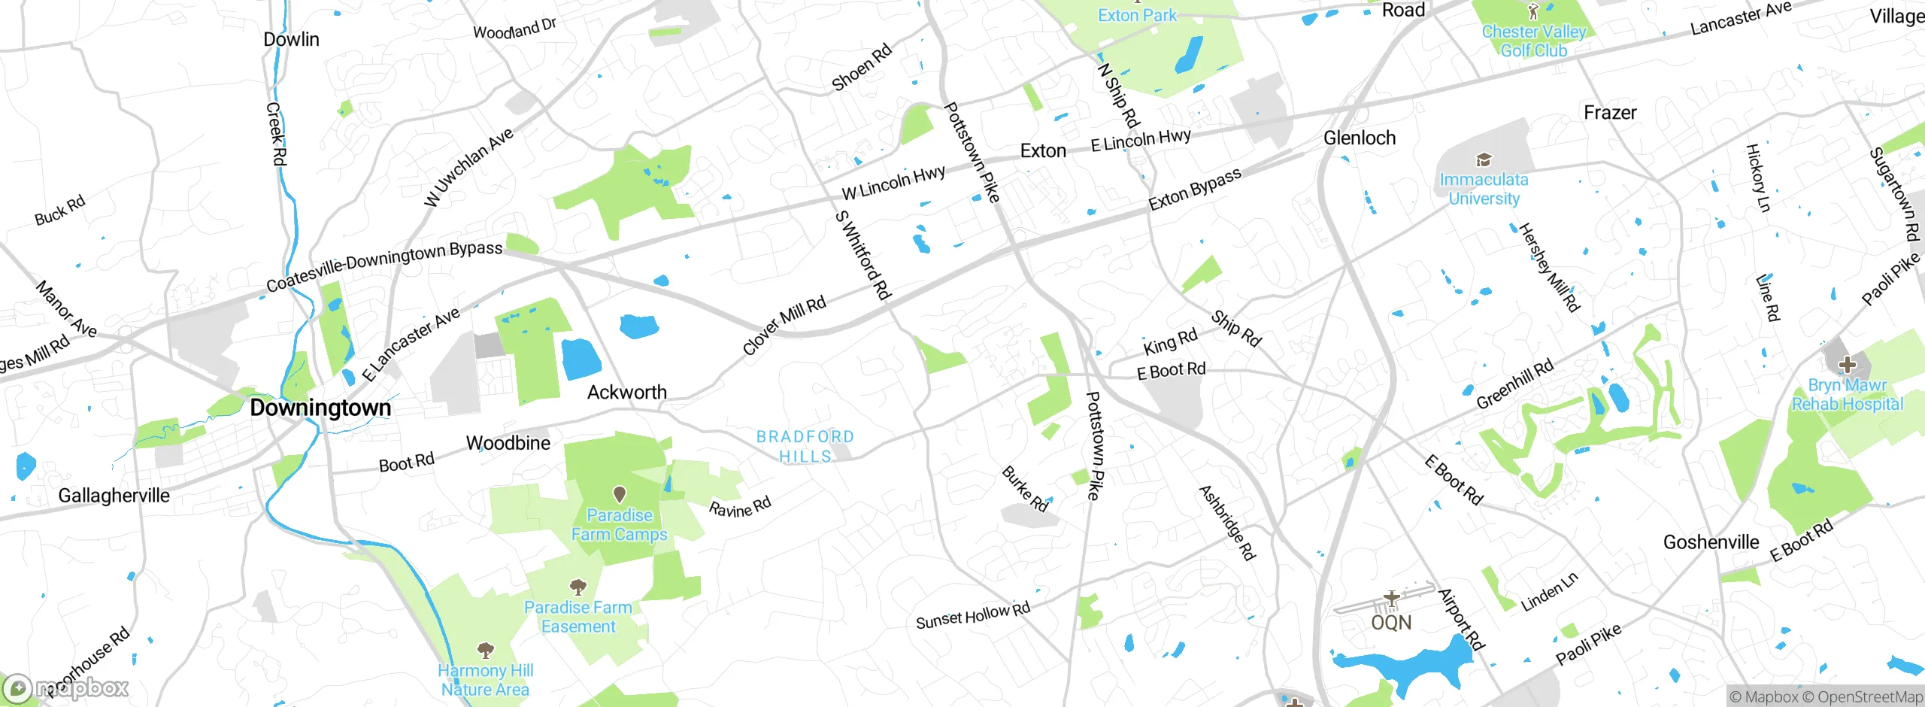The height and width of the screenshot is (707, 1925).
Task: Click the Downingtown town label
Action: click(320, 408)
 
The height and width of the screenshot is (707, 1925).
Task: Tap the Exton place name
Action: click(1043, 151)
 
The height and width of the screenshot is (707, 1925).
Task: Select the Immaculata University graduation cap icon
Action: click(1483, 159)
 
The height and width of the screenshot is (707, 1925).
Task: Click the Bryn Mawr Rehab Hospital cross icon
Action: click(1847, 366)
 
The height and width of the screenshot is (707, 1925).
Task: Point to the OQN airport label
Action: click(1391, 623)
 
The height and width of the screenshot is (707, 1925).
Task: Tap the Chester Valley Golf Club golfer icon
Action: click(1534, 11)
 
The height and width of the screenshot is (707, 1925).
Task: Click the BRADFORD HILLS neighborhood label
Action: click(805, 447)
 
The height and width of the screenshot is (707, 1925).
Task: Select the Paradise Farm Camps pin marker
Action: click(620, 494)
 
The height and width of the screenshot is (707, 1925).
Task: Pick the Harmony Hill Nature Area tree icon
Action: click(486, 649)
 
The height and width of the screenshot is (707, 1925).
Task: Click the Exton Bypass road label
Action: click(1195, 190)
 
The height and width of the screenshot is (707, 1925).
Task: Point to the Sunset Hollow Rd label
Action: click(972, 616)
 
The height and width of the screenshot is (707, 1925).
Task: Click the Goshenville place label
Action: click(1711, 542)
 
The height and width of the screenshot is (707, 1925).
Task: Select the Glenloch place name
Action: click(1359, 138)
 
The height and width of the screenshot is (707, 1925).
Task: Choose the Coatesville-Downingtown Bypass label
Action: click(384, 266)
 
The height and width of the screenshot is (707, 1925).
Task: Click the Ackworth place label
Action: click(626, 393)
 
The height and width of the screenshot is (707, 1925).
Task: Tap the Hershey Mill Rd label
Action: click(1549, 267)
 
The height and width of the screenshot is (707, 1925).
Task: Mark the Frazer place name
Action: click(1610, 113)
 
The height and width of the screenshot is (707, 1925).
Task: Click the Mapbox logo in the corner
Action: click(66, 688)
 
